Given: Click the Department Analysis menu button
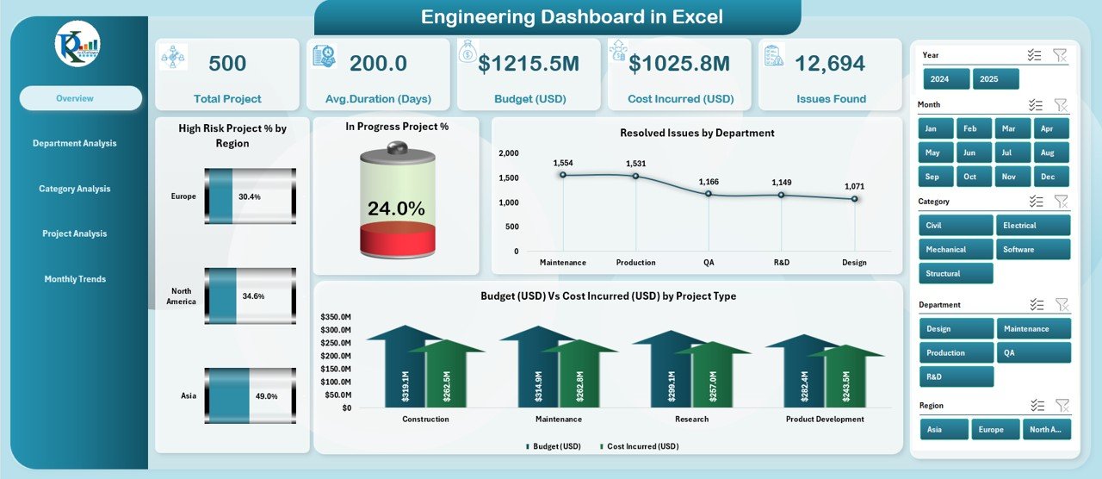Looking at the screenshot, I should pyautogui.click(x=74, y=143).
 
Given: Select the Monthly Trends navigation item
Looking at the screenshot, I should pyautogui.click(x=75, y=279).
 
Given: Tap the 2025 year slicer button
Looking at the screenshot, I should pyautogui.click(x=995, y=79).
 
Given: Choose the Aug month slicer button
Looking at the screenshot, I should pyautogui.click(x=1048, y=152).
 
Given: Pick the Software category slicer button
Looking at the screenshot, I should pyautogui.click(x=1032, y=250).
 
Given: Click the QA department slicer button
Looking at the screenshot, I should pyautogui.click(x=1032, y=352).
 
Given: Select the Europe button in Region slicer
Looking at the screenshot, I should pyautogui.click(x=995, y=429).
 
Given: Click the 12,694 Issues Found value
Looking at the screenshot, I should pyautogui.click(x=830, y=63).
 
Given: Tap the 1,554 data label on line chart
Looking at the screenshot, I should pyautogui.click(x=563, y=163).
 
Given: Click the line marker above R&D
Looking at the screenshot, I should pyautogui.click(x=782, y=195).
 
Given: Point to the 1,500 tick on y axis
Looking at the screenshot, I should pyautogui.click(x=509, y=177).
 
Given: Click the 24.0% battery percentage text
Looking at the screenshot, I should pyautogui.click(x=396, y=208).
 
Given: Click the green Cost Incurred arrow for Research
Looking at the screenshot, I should pyautogui.click(x=711, y=377).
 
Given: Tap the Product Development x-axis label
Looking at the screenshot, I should pyautogui.click(x=825, y=420).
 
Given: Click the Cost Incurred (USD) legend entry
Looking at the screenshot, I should pyautogui.click(x=641, y=446).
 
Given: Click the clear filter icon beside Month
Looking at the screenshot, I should pyautogui.click(x=1061, y=105).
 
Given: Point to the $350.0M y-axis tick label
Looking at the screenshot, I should pyautogui.click(x=335, y=317).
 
